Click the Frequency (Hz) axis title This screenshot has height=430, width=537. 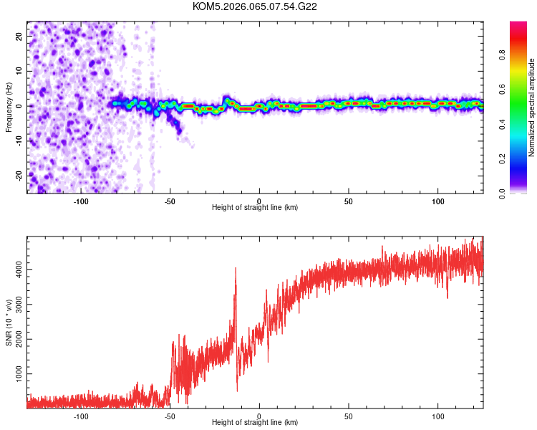point(9,107)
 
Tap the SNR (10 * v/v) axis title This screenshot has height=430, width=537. point(9,322)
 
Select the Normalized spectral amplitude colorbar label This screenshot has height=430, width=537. point(532,107)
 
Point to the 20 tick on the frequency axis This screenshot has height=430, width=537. point(19,35)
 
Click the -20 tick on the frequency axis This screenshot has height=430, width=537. point(18,176)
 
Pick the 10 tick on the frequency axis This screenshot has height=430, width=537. point(19,70)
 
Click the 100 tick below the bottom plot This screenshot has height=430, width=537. point(437,416)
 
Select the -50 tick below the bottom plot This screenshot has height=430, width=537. point(170,416)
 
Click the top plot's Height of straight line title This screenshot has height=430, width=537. point(255,208)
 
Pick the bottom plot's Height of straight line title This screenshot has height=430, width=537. point(255,423)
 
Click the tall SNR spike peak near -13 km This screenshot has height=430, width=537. point(236,269)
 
